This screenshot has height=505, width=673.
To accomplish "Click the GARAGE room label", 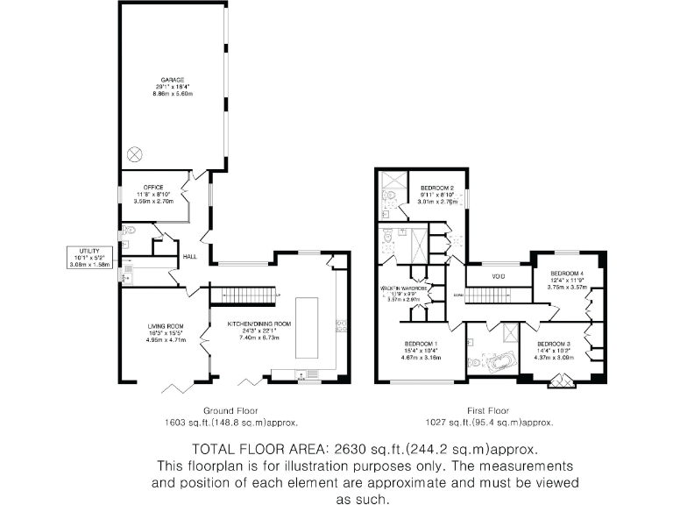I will [172, 80].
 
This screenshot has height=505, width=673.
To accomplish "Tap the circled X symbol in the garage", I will [134, 153].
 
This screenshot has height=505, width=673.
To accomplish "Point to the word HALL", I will [188, 256].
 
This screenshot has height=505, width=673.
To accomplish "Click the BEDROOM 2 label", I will [436, 188].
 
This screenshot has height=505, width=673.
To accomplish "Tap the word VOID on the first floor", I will [498, 276].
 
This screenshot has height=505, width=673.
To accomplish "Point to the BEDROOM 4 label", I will [564, 273].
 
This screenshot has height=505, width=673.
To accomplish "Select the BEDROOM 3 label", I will [554, 343].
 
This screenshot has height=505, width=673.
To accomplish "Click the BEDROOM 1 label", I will [421, 343].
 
